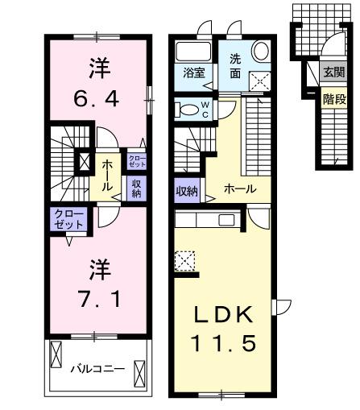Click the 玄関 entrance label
point(332,72)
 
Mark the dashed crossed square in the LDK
point(184,262)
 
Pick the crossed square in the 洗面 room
point(260,81)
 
